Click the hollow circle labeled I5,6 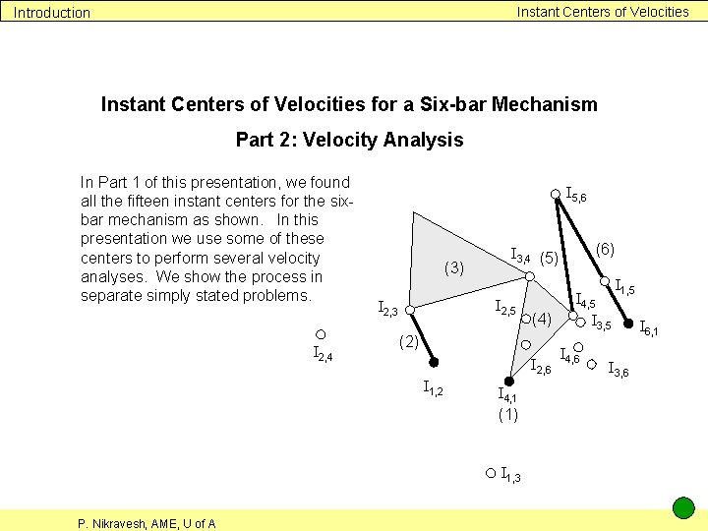point(556,195)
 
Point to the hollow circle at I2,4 point(321,334)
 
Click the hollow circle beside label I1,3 point(491,473)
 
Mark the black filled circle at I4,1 point(508,381)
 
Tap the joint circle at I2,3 point(410,313)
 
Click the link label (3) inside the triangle point(453,266)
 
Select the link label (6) point(605,250)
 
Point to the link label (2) point(409,342)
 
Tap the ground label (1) point(507,414)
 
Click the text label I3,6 point(619,370)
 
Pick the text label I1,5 point(624,289)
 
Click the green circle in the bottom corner point(683,508)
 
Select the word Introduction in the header point(51,13)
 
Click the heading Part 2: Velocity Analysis point(349,140)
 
